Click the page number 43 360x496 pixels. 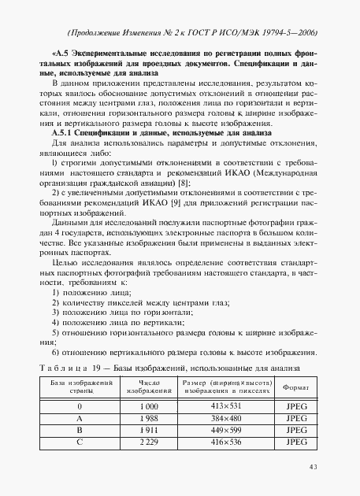(x=313, y=467)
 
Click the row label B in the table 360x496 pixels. (x=80, y=431)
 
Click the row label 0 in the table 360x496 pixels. (x=80, y=406)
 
